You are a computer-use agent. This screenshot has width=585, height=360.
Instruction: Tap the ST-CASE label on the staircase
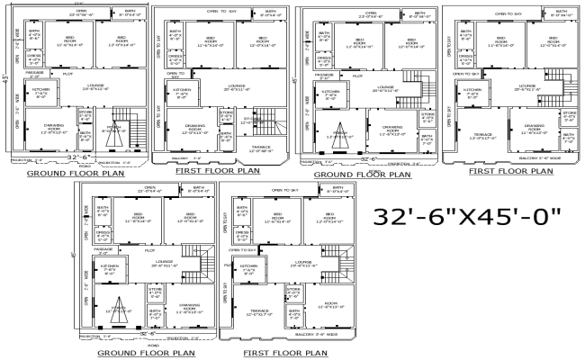tap(256, 119)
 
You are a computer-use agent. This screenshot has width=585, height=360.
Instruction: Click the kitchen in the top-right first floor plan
tap(471, 92)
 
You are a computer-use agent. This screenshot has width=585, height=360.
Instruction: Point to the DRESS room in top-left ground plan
tap(35, 60)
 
